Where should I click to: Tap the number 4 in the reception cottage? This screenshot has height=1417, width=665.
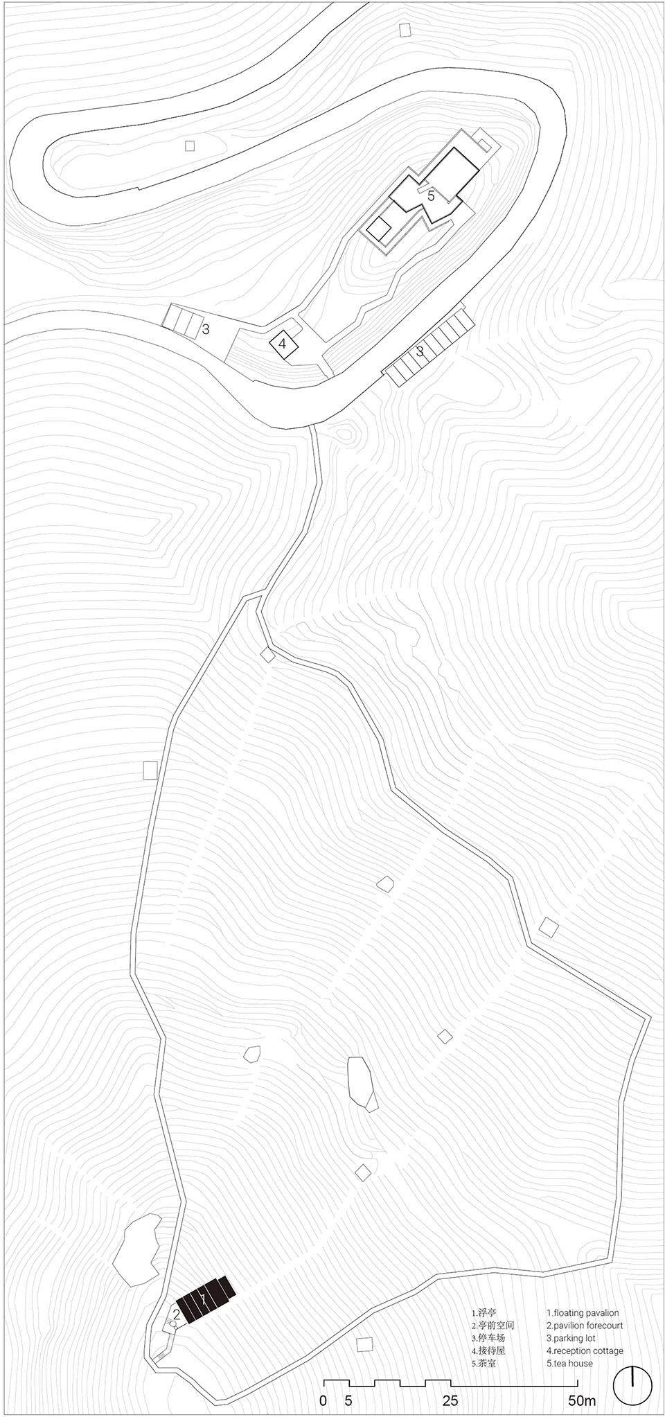(x=282, y=342)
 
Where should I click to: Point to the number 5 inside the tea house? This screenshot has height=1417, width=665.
(x=431, y=196)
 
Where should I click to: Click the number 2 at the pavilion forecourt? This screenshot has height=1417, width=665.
(x=177, y=1314)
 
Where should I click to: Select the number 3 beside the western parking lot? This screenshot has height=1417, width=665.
(x=206, y=329)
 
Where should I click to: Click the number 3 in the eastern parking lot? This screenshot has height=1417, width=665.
(x=420, y=351)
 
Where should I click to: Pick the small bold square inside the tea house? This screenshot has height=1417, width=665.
(x=378, y=228)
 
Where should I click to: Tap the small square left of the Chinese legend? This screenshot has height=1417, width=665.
(x=364, y=1344)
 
